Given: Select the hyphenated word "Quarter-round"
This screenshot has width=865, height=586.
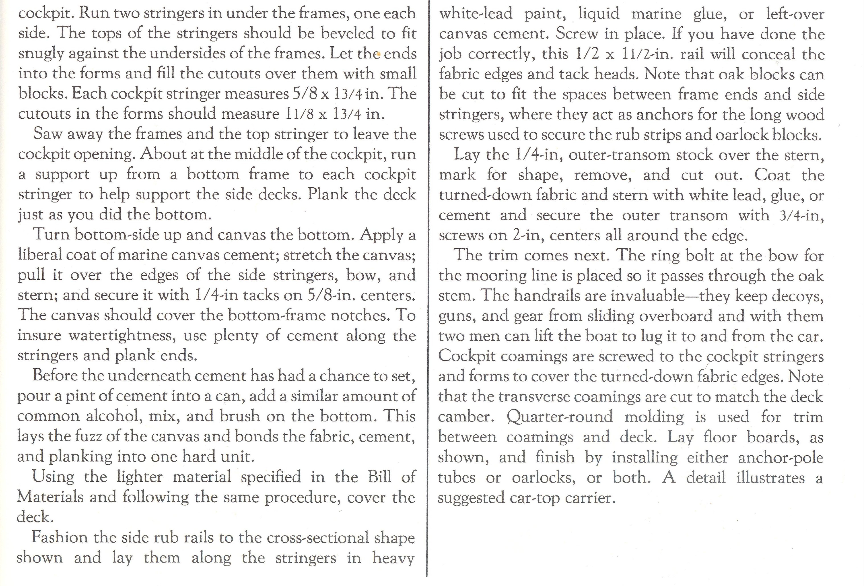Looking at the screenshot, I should pos(559,417).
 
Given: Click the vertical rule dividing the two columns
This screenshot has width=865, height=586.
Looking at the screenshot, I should pos(427,290).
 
